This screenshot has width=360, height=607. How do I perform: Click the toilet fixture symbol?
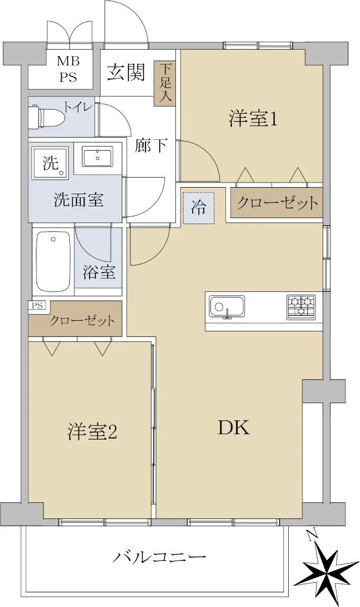click(x=47, y=117)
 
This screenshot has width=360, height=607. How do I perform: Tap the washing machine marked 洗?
click(x=50, y=163)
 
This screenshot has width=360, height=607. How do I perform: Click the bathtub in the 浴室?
click(x=53, y=262)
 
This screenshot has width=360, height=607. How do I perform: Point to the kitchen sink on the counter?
click(x=227, y=307)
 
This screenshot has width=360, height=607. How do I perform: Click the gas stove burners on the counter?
click(x=301, y=307)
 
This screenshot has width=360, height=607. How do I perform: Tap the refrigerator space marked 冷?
click(x=199, y=208)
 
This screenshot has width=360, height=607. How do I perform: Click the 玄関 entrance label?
click(x=126, y=72)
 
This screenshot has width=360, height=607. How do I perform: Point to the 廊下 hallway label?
click(x=151, y=145)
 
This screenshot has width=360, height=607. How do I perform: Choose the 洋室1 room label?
click(x=253, y=119)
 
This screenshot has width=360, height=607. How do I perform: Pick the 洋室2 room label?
click(x=92, y=431)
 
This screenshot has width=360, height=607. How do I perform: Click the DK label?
click(x=234, y=427)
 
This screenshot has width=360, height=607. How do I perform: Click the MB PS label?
click(x=68, y=69)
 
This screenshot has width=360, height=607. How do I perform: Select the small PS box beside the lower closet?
click(x=37, y=306)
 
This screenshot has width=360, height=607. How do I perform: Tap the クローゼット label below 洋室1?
click(x=277, y=202)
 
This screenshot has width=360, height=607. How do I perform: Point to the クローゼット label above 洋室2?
click(x=82, y=321)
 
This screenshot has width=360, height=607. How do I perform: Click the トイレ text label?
click(x=78, y=108)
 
